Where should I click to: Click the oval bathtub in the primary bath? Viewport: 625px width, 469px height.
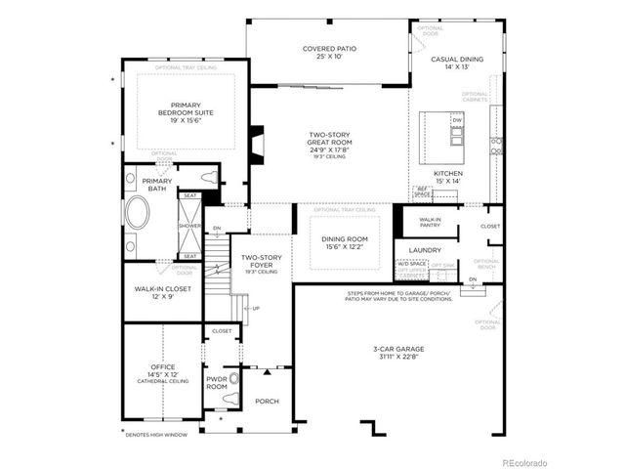[x=137, y=213]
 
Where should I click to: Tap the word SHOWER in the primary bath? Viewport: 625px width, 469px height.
[x=189, y=225]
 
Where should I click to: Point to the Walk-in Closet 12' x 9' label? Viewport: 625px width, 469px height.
[x=162, y=293]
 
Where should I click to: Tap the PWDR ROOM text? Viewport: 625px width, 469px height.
[x=217, y=383]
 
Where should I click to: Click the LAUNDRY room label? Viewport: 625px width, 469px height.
[x=425, y=249]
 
